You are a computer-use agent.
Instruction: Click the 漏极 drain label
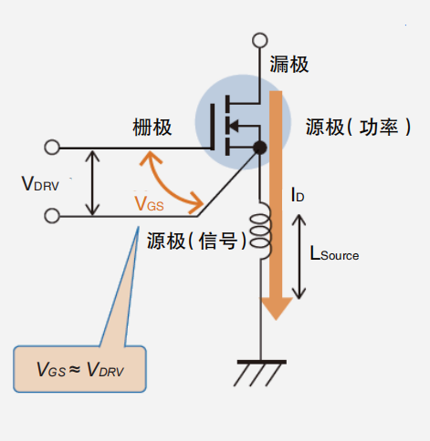click(x=289, y=64)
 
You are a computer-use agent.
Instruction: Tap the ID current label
click(x=297, y=194)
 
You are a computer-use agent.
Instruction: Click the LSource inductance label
click(x=334, y=255)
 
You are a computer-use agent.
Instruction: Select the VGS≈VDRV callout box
click(x=80, y=369)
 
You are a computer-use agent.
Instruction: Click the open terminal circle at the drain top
click(x=260, y=41)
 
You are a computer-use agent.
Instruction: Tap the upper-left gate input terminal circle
click(x=52, y=147)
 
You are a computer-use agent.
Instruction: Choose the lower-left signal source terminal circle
click(x=52, y=216)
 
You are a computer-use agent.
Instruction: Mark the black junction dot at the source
click(x=260, y=147)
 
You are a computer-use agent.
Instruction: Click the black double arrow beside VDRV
click(x=91, y=182)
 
